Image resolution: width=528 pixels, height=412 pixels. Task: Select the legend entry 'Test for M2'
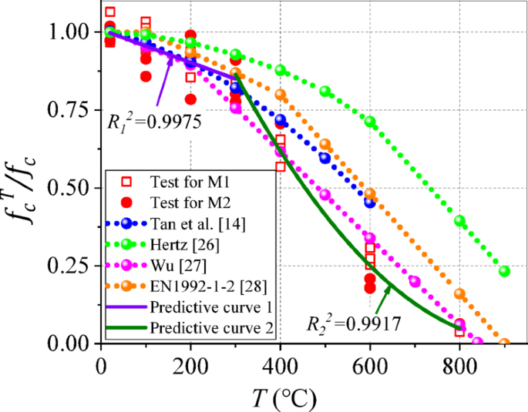[188, 203]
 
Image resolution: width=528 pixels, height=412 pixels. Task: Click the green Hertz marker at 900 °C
[505, 271]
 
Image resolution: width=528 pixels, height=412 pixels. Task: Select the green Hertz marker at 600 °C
[370, 122]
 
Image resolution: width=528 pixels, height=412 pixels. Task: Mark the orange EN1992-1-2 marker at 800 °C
[460, 293]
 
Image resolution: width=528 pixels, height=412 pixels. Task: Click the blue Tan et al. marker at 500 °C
[325, 158]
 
